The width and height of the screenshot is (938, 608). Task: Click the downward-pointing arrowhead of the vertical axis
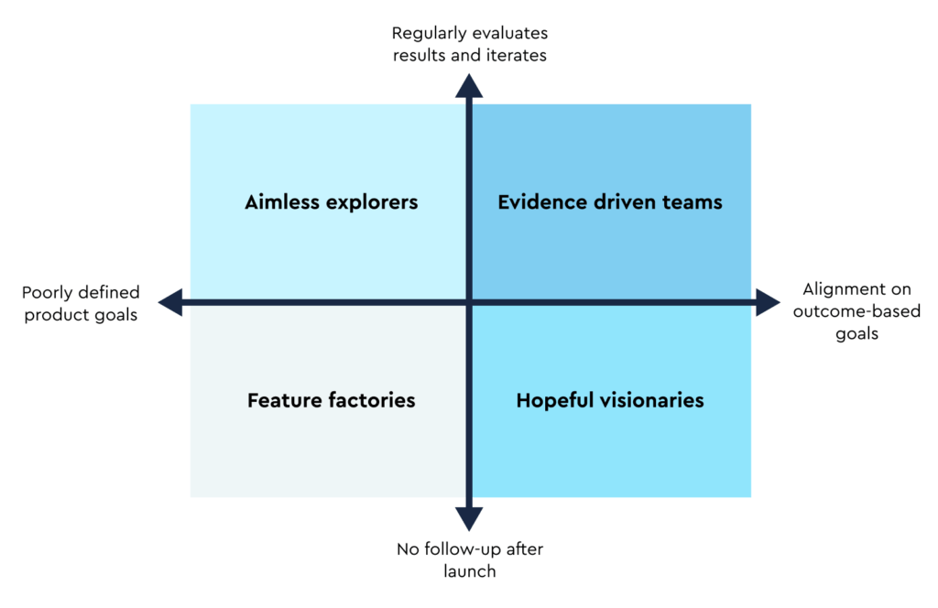[469, 518]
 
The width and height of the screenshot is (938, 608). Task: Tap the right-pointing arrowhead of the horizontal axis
[767, 302]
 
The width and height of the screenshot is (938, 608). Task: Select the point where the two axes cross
[469, 302]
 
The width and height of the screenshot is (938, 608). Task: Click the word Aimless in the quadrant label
[280, 202]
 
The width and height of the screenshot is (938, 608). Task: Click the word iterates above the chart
[516, 55]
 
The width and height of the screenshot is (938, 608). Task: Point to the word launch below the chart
[469, 571]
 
